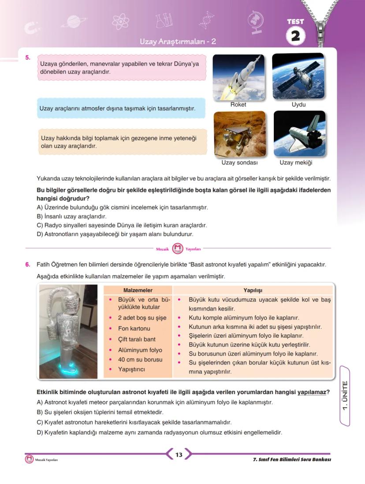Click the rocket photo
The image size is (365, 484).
[238, 77]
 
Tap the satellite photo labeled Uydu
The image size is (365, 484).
[298, 77]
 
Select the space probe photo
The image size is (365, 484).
[239, 134]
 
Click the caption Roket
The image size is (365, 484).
[238, 105]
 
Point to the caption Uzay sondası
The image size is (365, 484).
[239, 163]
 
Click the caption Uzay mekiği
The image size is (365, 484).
[296, 163]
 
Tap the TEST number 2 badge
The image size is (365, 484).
[295, 36]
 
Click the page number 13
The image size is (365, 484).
[179, 454]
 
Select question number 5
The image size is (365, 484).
[28, 57]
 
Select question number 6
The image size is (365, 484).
[28, 264]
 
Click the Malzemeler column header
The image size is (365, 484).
[138, 290]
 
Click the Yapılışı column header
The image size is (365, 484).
[253, 290]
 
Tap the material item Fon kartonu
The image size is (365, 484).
[134, 328]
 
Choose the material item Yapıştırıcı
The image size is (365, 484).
[131, 369]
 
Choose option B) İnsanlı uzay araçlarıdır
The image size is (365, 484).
[71, 216]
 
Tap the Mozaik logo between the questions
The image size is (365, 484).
[177, 249]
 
